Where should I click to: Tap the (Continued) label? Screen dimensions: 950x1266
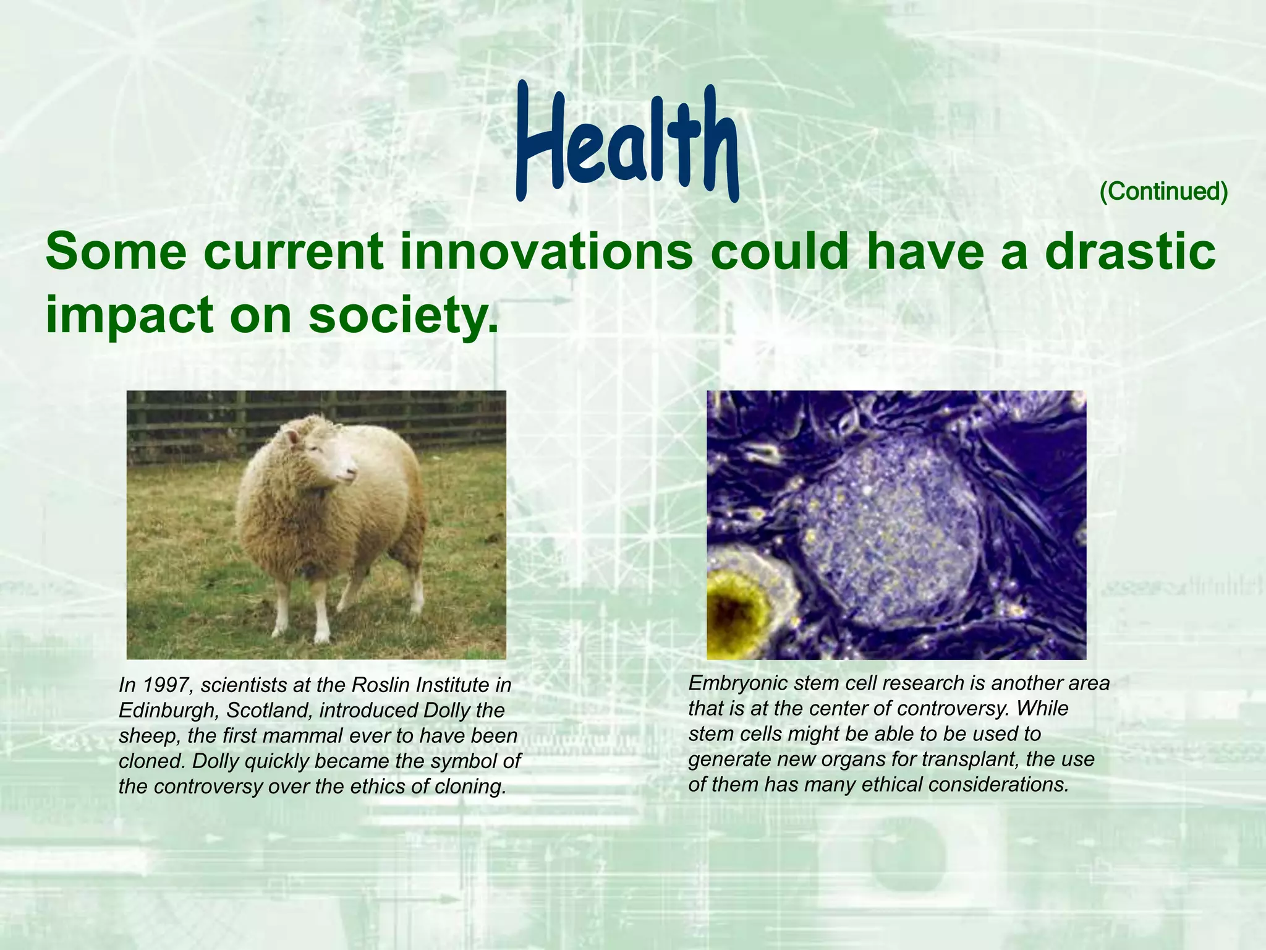pos(1163,192)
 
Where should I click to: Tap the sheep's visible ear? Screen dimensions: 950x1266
pos(293,438)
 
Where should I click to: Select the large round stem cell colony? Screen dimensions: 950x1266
pos(890,532)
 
